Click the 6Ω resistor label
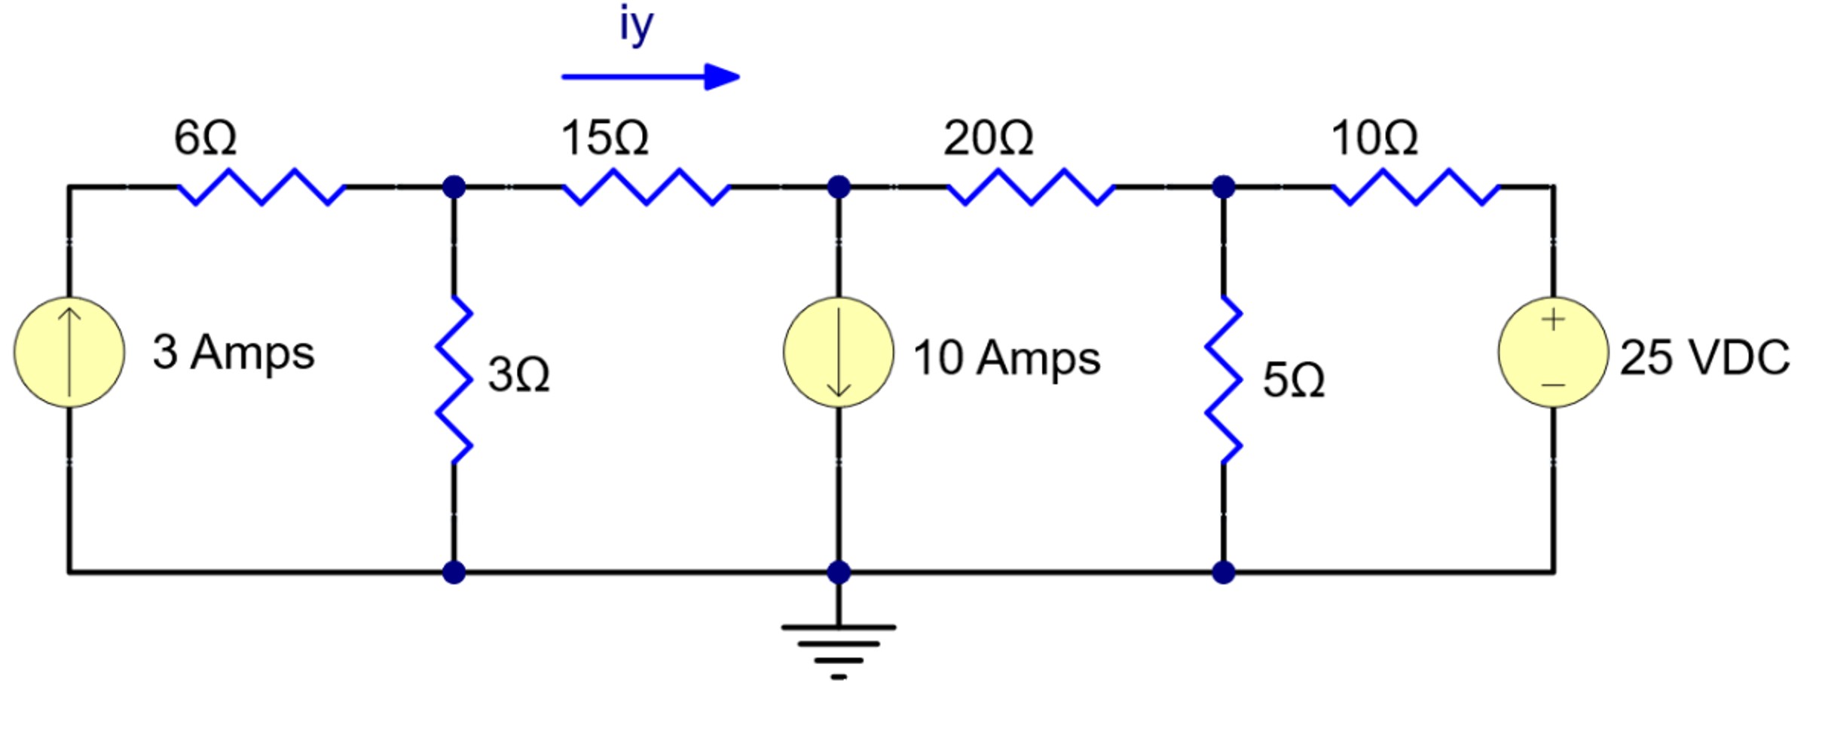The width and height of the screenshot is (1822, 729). pos(205,138)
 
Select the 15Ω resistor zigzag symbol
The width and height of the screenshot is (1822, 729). pos(647,187)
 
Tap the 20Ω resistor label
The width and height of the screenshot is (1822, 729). pos(988,139)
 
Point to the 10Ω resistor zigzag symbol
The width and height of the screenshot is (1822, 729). pos(1416,187)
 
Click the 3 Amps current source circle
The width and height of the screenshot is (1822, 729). pos(69,352)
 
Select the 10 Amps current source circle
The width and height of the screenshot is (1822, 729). pos(839,352)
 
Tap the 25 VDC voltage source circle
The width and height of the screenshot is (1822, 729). pos(1553,352)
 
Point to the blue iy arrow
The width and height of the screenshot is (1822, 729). pos(650,76)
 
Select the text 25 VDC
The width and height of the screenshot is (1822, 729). pos(1704,357)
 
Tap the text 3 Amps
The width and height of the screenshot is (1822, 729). pos(234,352)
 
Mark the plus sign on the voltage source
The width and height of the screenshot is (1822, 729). pos(1553,320)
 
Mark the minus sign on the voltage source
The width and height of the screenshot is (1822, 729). pos(1553,385)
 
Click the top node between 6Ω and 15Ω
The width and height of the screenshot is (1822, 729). pos(454,186)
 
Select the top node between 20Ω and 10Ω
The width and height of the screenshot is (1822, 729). pos(1223,186)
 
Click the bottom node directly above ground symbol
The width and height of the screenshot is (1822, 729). pos(839,572)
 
